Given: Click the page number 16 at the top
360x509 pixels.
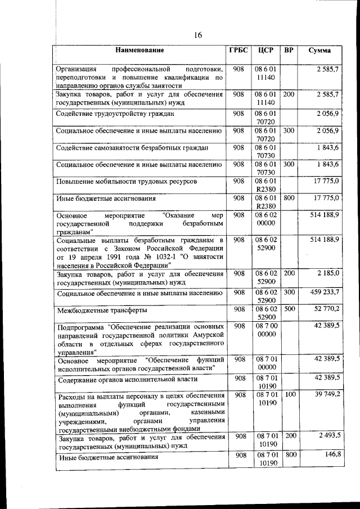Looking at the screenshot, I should tap(197, 35).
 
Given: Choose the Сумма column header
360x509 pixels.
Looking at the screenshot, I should tap(319, 50).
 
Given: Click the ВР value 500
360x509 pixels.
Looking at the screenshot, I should tap(289, 309).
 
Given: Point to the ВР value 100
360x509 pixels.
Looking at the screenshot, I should tap(289, 395).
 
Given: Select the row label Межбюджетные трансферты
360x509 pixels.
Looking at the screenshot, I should tap(102, 310).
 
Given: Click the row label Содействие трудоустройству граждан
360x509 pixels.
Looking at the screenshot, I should tap(115, 114).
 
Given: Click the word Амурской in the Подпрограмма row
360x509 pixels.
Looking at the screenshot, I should tap(208, 335).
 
